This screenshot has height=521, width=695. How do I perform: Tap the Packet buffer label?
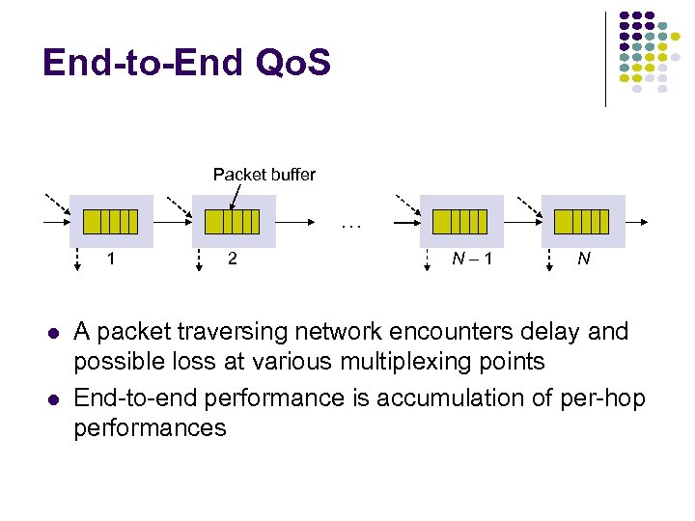point(264,175)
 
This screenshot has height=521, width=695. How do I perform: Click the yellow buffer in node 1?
point(111,222)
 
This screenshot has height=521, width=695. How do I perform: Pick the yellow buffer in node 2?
point(233,222)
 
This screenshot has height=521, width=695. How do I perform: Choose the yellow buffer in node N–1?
point(460,222)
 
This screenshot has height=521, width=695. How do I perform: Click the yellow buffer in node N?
point(582,222)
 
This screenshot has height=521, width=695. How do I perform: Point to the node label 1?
point(112,259)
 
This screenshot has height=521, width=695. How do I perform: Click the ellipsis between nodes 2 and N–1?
point(350,229)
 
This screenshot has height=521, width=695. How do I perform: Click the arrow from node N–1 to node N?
point(521,222)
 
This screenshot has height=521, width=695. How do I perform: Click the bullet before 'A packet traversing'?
point(48,333)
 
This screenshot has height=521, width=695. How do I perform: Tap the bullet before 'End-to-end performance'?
point(48,398)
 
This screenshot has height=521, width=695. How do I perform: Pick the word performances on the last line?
point(150,428)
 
